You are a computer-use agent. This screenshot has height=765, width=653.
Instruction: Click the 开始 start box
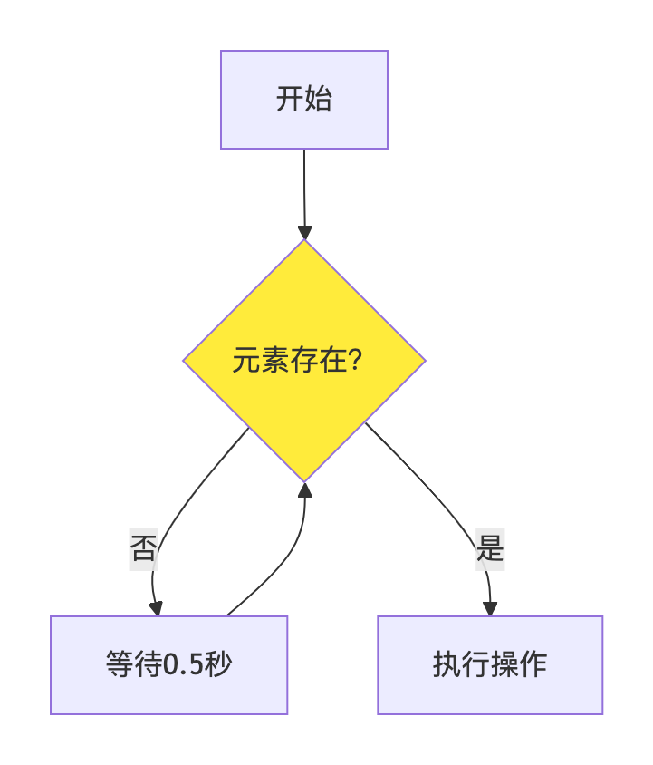pyautogui.click(x=303, y=100)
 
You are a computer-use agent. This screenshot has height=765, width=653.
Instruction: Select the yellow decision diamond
pyautogui.click(x=304, y=361)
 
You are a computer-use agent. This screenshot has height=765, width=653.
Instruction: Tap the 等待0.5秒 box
pyautogui.click(x=168, y=665)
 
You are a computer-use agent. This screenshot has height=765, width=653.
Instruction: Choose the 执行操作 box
pyautogui.click(x=490, y=665)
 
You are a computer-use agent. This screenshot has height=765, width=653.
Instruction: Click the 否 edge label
pyautogui.click(x=143, y=549)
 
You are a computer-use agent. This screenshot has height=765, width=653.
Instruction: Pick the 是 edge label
pyautogui.click(x=490, y=549)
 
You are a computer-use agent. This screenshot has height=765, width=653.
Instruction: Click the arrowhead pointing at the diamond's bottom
pyautogui.click(x=305, y=489)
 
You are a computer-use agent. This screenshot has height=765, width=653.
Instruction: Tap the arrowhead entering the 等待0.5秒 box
pyautogui.click(x=156, y=609)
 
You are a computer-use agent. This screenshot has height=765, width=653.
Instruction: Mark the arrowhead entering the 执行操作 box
pyautogui.click(x=490, y=609)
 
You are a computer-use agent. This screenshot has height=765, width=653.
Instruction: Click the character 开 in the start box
pyautogui.click(x=290, y=99)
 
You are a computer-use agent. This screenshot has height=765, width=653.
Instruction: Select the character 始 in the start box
pyautogui.click(x=318, y=99)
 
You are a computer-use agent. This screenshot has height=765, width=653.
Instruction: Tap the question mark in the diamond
pyautogui.click(x=356, y=360)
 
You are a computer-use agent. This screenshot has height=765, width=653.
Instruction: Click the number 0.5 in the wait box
pyautogui.click(x=183, y=664)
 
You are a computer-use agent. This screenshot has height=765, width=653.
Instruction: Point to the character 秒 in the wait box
pyautogui.click(x=217, y=664)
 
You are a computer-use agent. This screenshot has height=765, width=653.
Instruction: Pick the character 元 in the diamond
pyautogui.click(x=246, y=361)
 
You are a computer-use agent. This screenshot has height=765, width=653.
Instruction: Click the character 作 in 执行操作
pyautogui.click(x=533, y=664)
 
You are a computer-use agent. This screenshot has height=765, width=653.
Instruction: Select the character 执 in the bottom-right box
pyautogui.click(x=447, y=664)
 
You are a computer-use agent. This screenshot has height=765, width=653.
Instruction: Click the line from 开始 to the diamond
pyautogui.click(x=304, y=188)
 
